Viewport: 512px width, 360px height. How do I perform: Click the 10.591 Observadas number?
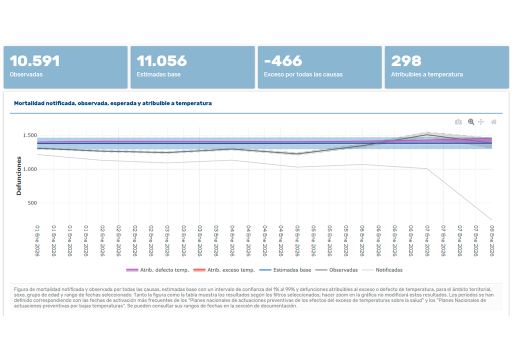pyautogui.click(x=34, y=61)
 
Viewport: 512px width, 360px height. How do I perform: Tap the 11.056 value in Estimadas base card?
pyautogui.click(x=161, y=61)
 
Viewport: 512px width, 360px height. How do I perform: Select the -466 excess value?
pyautogui.click(x=283, y=61)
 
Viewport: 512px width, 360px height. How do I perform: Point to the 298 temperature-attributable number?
pyautogui.click(x=406, y=61)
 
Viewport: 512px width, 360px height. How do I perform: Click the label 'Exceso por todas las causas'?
pyautogui.click(x=303, y=74)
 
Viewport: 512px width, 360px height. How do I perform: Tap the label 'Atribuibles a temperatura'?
pyautogui.click(x=426, y=74)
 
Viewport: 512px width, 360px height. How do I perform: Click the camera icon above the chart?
pyautogui.click(x=458, y=122)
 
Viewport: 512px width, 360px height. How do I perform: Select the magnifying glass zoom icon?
pyautogui.click(x=470, y=122)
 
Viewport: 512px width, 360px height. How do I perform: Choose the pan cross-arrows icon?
pyautogui.click(x=481, y=122)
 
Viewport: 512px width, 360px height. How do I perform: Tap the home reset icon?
pyautogui.click(x=494, y=122)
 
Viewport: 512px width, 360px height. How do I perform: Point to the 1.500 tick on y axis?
pyautogui.click(x=29, y=135)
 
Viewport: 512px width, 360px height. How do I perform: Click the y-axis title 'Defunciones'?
pyautogui.click(x=19, y=175)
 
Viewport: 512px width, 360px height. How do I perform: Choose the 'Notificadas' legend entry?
pyautogui.click(x=388, y=270)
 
